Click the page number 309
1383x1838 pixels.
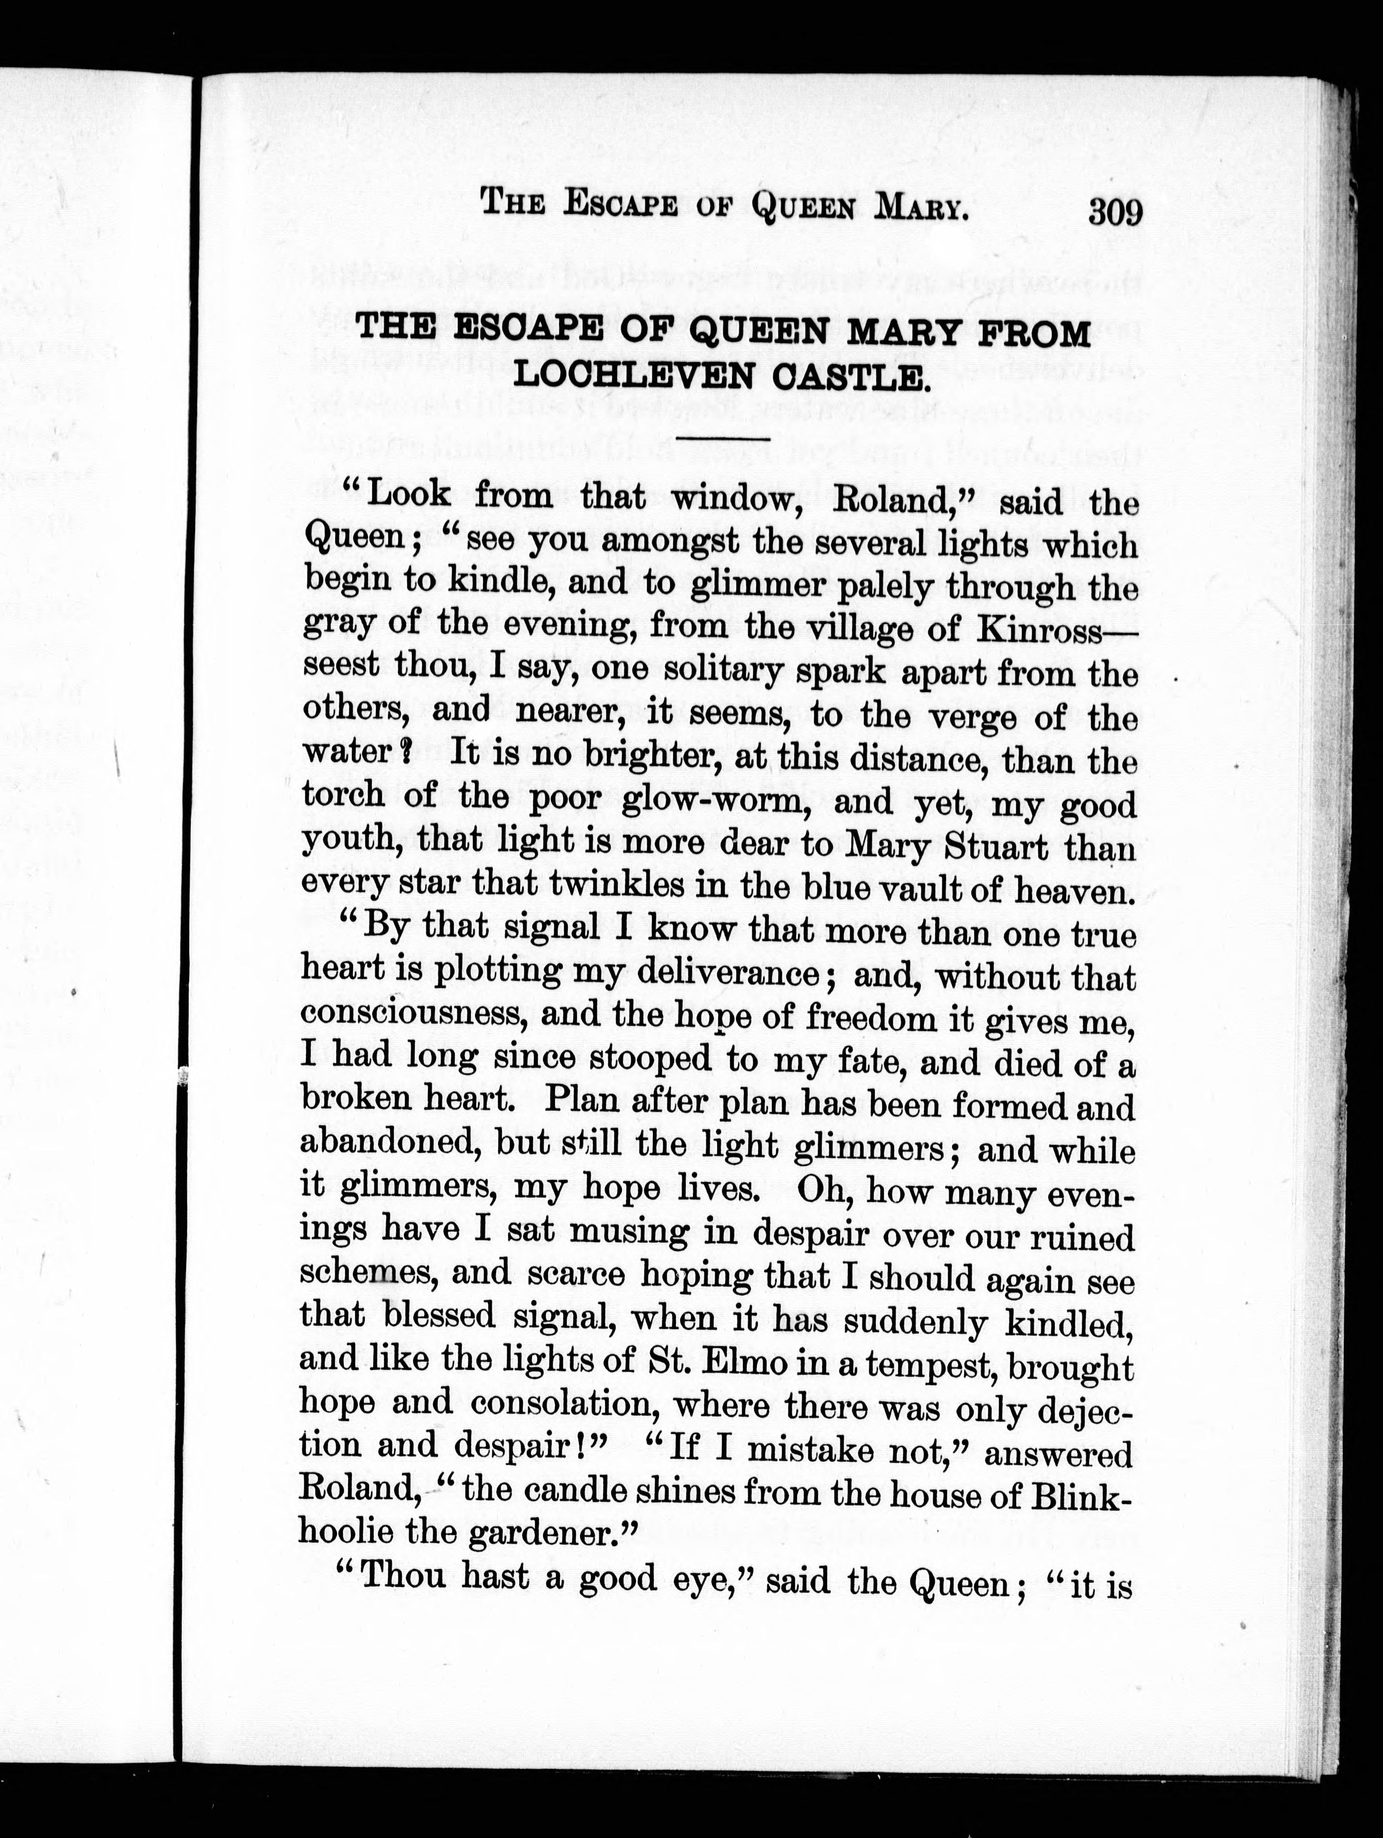pos(1115,213)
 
